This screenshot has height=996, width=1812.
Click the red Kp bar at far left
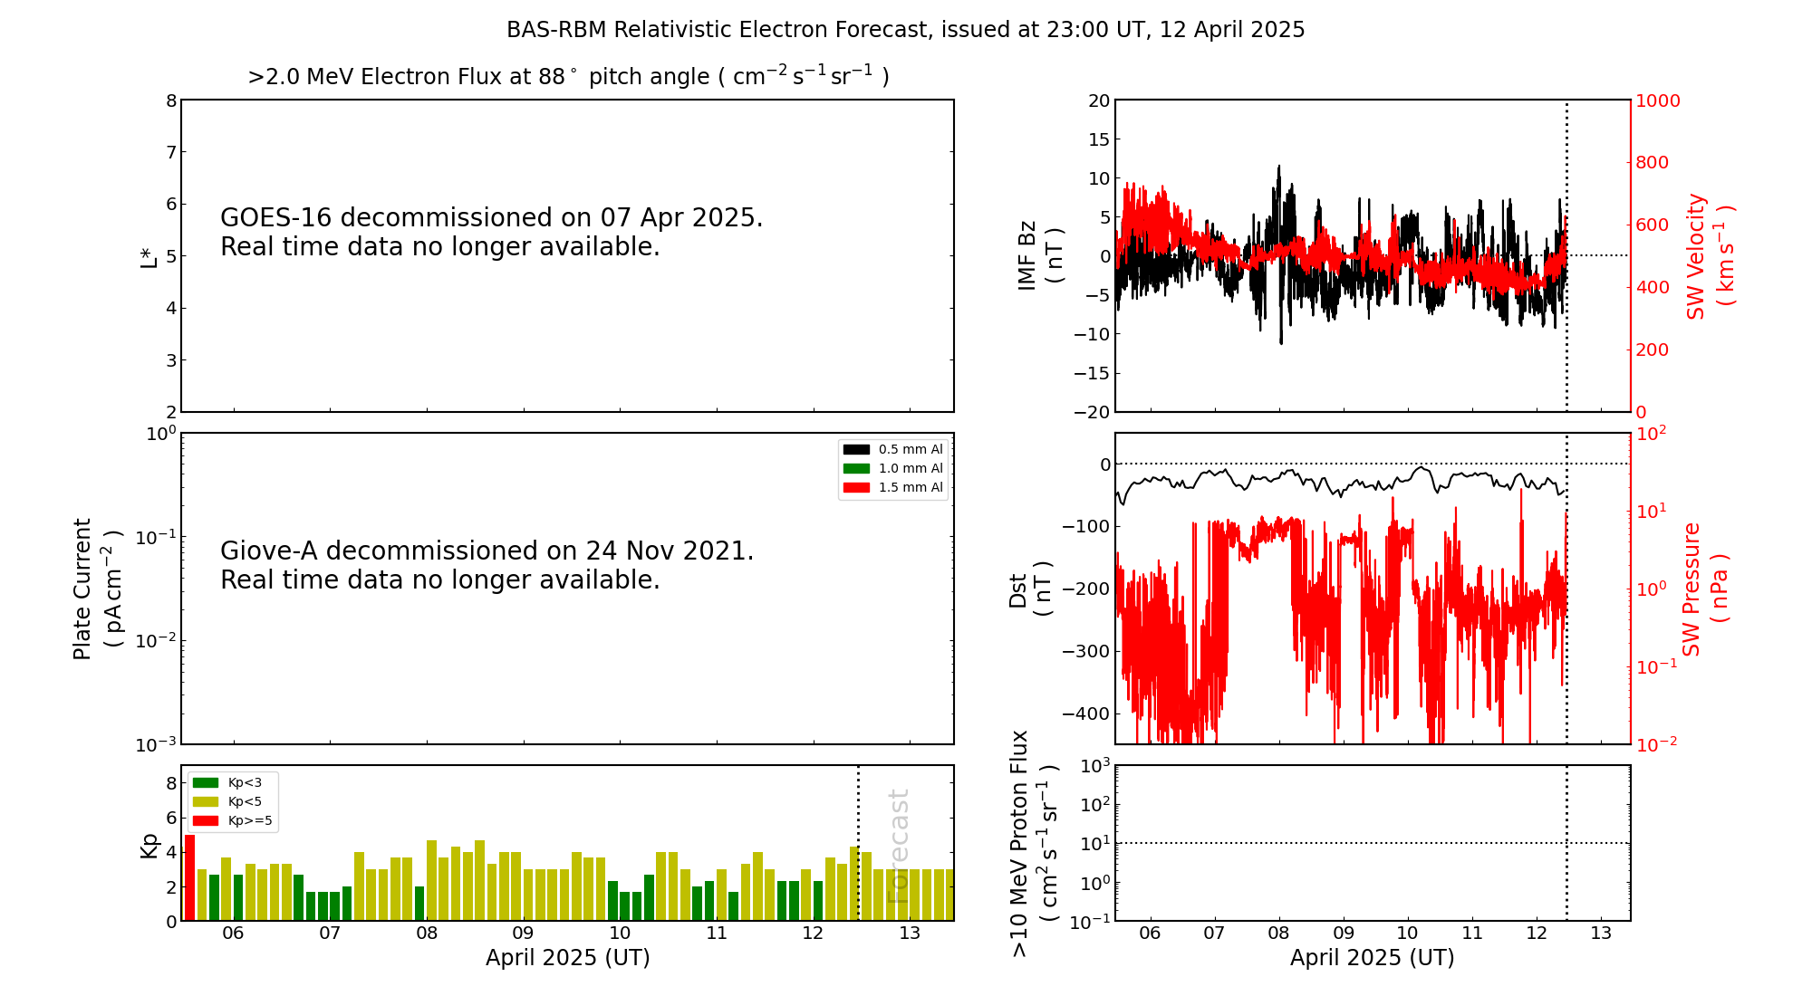(189, 877)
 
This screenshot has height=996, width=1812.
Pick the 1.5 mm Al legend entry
(893, 487)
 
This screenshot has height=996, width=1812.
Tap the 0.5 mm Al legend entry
(893, 449)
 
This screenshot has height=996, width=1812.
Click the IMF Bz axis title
(1040, 255)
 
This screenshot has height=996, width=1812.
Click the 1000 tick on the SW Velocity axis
(1657, 101)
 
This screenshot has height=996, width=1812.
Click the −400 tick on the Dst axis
(1087, 713)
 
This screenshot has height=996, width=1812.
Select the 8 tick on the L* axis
(170, 101)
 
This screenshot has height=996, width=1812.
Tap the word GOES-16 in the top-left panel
(277, 217)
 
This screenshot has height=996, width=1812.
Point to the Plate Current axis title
(96, 589)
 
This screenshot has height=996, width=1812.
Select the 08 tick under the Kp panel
(427, 934)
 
